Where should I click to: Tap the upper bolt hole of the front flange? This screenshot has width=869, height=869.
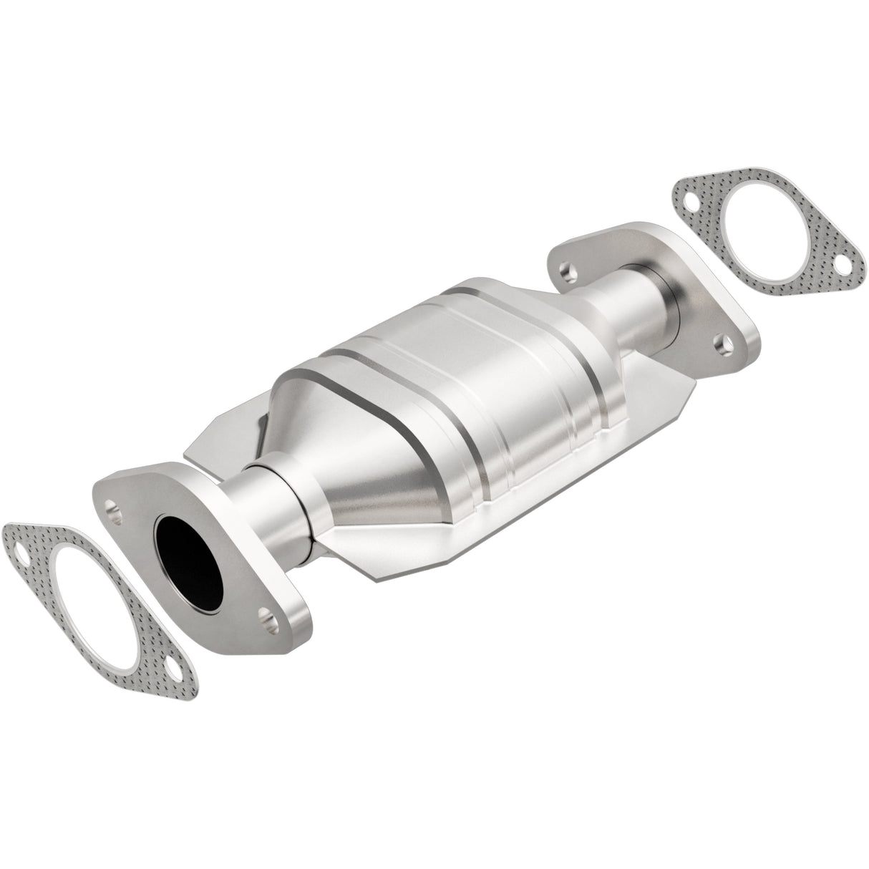[112, 508]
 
